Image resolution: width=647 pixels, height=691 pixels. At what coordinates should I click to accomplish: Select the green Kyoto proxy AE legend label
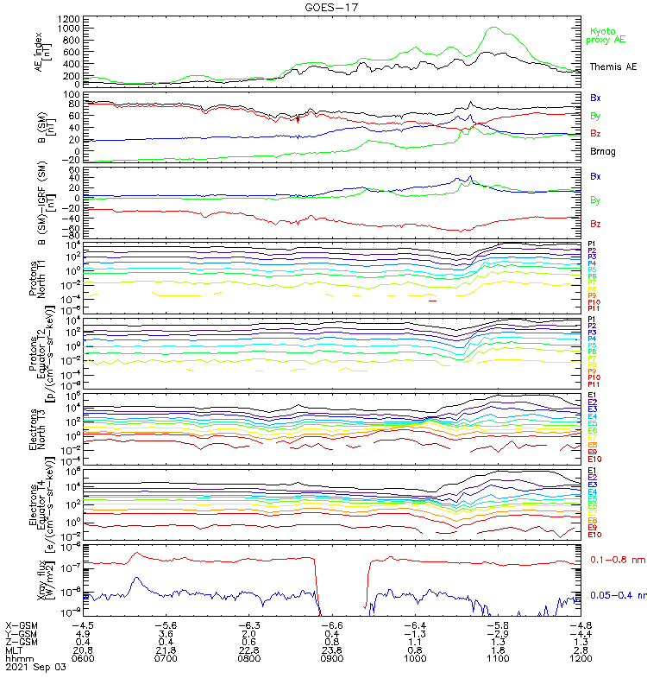click(x=606, y=35)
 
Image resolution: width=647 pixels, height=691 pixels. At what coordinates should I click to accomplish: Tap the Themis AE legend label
click(x=612, y=67)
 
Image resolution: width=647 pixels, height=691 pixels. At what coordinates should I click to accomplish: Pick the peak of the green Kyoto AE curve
click(x=493, y=28)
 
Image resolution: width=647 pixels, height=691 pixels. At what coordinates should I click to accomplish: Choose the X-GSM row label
click(x=20, y=624)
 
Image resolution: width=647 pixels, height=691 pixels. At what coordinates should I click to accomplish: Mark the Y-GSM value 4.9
click(x=83, y=632)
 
